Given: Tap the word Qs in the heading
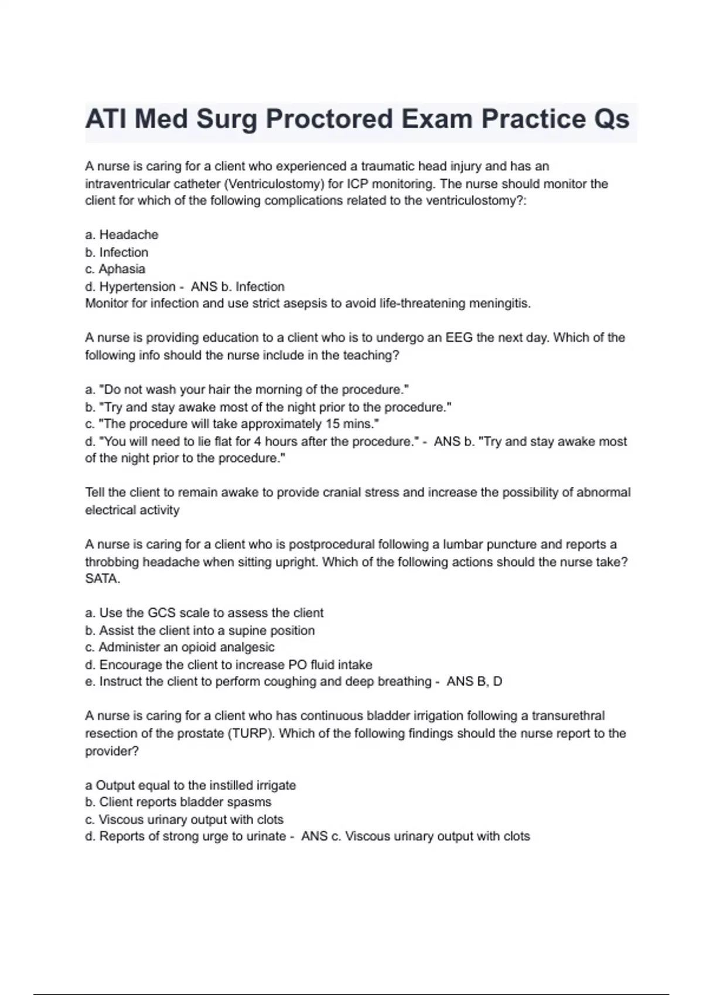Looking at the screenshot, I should click(611, 119).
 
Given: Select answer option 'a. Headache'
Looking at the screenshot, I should click(122, 235).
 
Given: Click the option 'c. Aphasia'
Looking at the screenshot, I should click(115, 269).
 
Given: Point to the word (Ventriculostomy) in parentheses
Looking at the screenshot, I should click(274, 184).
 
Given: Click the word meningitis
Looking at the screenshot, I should click(502, 304).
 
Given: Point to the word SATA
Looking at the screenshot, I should click(103, 579).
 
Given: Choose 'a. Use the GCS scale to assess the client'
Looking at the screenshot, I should click(204, 613).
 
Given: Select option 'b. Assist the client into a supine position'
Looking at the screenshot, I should click(200, 630).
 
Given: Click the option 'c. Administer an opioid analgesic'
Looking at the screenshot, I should click(180, 647).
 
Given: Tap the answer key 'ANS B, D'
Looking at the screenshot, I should click(475, 682).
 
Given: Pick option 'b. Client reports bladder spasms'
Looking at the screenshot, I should click(178, 802).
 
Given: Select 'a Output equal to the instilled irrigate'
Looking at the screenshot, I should click(190, 785).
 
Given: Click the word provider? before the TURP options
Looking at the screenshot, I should click(112, 751).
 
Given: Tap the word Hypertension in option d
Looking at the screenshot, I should click(138, 287).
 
